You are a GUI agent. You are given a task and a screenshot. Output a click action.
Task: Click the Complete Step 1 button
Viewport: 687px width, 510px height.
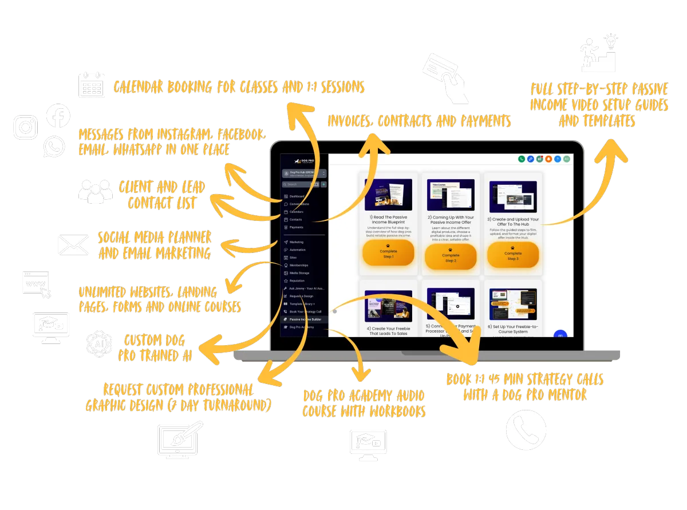388,252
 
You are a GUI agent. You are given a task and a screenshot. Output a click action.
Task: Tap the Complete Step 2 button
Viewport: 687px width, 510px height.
451,256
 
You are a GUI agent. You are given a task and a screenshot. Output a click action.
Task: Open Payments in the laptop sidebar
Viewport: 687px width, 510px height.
297,227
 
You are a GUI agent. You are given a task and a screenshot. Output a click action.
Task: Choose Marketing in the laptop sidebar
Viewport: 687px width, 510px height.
297,242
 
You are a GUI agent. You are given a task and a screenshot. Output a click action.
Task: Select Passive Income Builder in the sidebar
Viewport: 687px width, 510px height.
305,319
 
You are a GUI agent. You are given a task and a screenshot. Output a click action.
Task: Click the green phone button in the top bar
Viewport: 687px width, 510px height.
522,159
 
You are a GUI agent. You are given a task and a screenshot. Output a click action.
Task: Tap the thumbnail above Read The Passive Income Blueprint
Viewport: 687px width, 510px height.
388,195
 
